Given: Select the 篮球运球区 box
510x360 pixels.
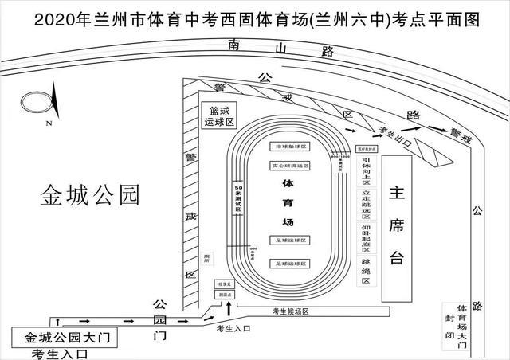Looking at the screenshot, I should (218, 117).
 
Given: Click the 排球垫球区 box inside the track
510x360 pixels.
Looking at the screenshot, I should (290, 147).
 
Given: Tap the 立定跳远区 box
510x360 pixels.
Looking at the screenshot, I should (366, 204).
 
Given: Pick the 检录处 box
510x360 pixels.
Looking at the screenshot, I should (224, 284).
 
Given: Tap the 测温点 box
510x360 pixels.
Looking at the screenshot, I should (224, 294).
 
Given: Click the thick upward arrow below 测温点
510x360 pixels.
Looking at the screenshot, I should (229, 307).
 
